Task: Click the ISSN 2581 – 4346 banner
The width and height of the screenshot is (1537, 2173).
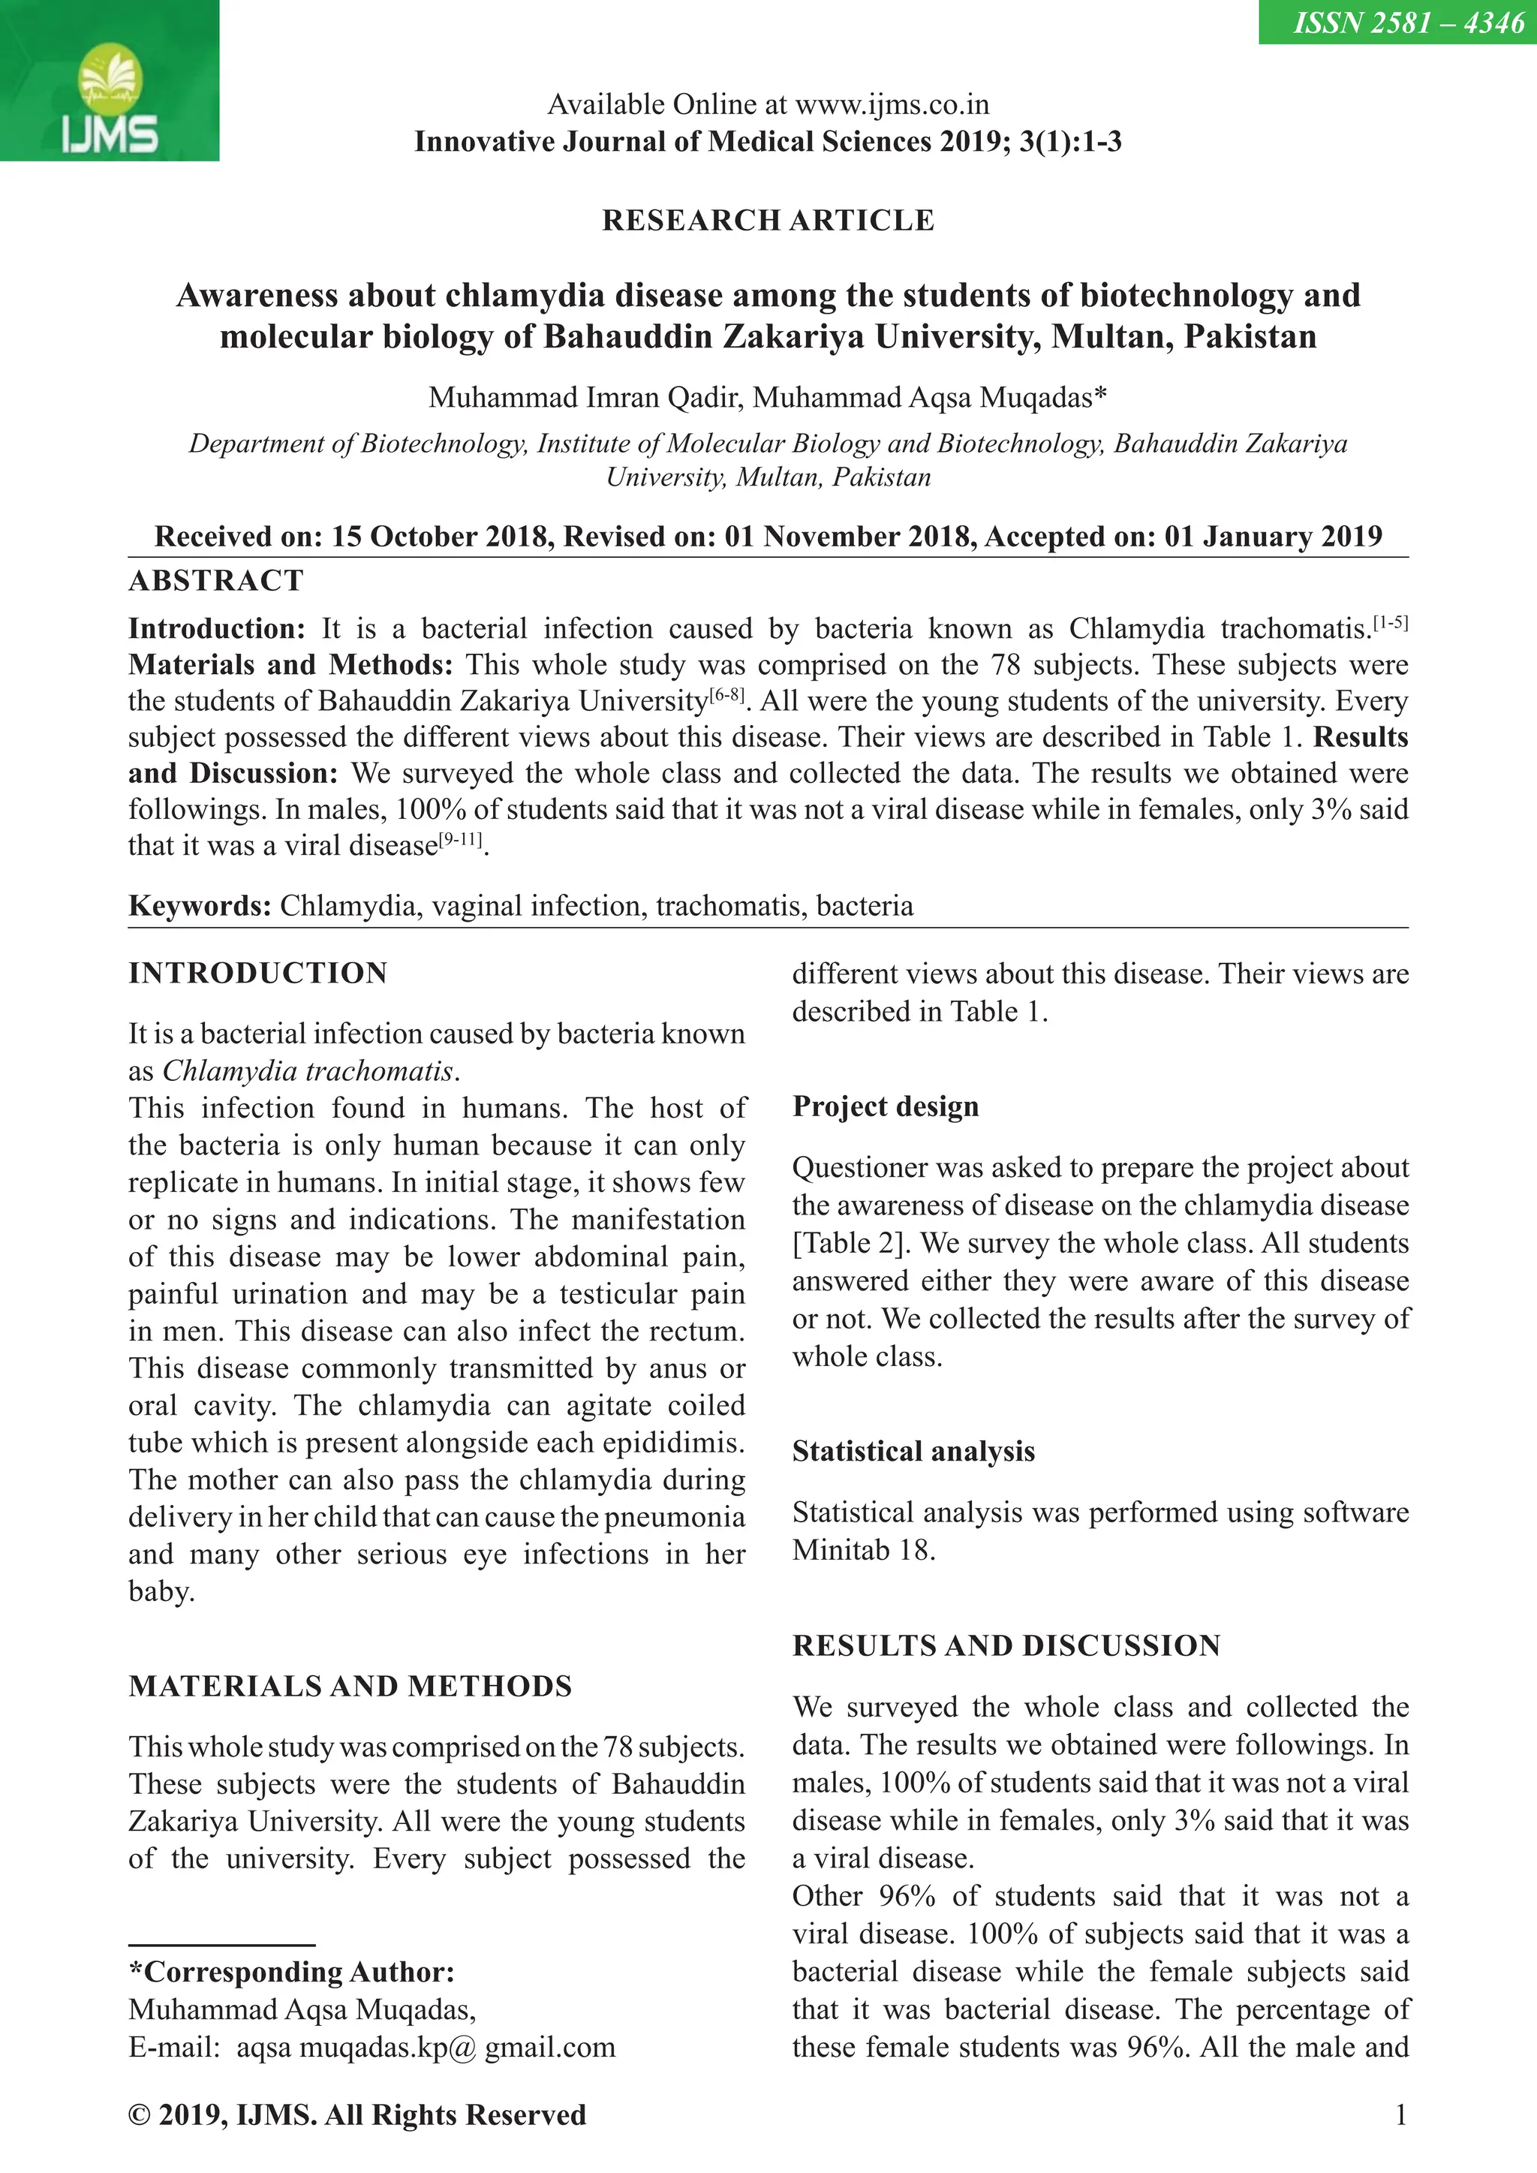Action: pyautogui.click(x=1396, y=22)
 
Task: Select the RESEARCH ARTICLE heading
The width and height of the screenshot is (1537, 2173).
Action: pyautogui.click(x=768, y=221)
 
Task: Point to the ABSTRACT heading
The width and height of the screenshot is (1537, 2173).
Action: pyautogui.click(x=216, y=580)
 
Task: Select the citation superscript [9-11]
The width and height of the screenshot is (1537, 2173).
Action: pyautogui.click(x=461, y=841)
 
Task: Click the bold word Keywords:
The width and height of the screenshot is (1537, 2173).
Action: pyautogui.click(x=200, y=906)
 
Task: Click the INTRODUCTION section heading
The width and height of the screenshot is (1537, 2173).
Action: pyautogui.click(x=257, y=973)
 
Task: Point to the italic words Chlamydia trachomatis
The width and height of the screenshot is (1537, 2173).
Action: pyautogui.click(x=308, y=1070)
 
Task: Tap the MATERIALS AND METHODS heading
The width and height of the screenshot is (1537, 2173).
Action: pyautogui.click(x=350, y=1686)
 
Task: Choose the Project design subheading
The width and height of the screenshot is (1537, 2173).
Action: pyautogui.click(x=885, y=1106)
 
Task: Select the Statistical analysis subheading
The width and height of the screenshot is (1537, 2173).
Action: pyautogui.click(x=913, y=1451)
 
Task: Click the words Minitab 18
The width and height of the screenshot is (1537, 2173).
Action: pyautogui.click(x=862, y=1549)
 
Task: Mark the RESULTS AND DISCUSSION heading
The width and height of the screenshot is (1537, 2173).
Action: pyautogui.click(x=1006, y=1645)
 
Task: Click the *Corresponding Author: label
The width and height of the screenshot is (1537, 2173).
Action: pyautogui.click(x=291, y=1971)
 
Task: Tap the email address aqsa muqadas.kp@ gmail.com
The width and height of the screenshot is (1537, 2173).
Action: pyautogui.click(x=425, y=2047)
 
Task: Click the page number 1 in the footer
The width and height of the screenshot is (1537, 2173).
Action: pyautogui.click(x=1400, y=2114)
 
